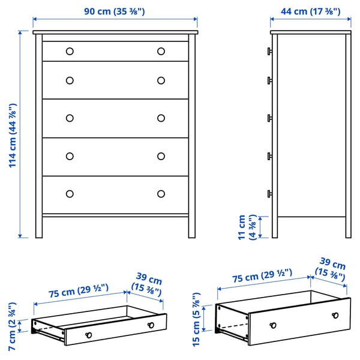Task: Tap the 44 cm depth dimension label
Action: pos(310,11)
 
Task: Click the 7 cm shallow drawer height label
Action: pos(11,326)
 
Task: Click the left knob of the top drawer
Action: pos(70,51)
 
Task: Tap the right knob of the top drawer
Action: pos(161,51)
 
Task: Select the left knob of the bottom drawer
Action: pos(70,193)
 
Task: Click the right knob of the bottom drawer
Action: pos(161,193)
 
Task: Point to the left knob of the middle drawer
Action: pos(70,118)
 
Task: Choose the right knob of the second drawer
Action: pos(161,80)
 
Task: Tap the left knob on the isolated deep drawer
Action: pos(273,325)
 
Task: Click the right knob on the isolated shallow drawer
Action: pos(151,325)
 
